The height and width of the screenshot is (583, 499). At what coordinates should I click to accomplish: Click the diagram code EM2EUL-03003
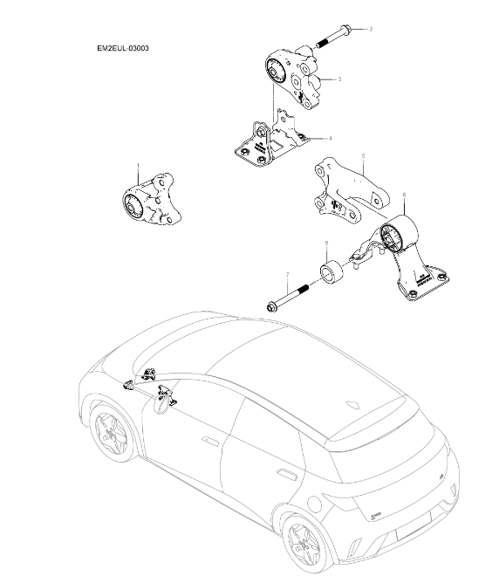(x=122, y=49)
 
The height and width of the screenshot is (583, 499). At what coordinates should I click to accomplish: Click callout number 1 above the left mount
(x=138, y=164)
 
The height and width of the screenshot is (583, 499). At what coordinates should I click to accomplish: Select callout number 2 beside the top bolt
(x=370, y=29)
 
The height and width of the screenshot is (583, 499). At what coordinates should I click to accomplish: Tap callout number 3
(x=339, y=79)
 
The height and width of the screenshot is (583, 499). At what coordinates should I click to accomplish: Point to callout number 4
(x=330, y=138)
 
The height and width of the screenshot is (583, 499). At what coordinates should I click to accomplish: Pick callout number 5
(x=362, y=156)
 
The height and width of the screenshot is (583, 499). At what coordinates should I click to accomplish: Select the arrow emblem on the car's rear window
(x=355, y=404)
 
